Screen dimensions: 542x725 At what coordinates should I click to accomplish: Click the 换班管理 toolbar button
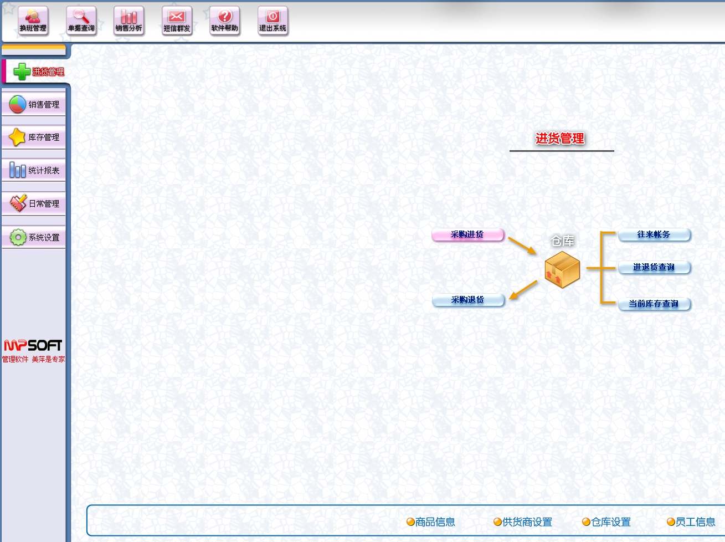(33, 21)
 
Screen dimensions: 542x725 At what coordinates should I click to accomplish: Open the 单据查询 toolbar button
(81, 21)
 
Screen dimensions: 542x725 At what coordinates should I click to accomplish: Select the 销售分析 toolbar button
(129, 21)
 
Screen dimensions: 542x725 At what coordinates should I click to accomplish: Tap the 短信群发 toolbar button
(177, 21)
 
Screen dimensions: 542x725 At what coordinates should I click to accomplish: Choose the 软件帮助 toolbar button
(225, 21)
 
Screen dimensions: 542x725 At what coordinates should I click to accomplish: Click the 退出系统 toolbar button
(273, 21)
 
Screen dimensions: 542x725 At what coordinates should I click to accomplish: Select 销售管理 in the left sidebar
(34, 104)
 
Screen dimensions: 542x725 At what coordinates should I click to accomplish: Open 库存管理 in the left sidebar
(34, 137)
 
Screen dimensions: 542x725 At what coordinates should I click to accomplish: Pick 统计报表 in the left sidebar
(34, 170)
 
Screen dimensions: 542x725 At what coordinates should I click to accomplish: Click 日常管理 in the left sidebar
(34, 203)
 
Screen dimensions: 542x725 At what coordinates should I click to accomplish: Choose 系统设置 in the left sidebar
(34, 237)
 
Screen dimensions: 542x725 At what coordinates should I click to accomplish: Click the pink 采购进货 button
(467, 234)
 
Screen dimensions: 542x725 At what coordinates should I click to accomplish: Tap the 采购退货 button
(468, 300)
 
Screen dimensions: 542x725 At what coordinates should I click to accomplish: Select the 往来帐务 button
(654, 234)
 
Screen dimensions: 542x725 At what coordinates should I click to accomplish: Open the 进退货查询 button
(654, 267)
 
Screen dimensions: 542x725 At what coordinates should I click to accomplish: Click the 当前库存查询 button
(654, 304)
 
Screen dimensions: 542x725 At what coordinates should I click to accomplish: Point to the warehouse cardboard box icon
(562, 270)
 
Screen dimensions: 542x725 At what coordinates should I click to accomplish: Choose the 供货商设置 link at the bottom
(523, 522)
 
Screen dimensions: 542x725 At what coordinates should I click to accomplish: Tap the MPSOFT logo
(33, 345)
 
